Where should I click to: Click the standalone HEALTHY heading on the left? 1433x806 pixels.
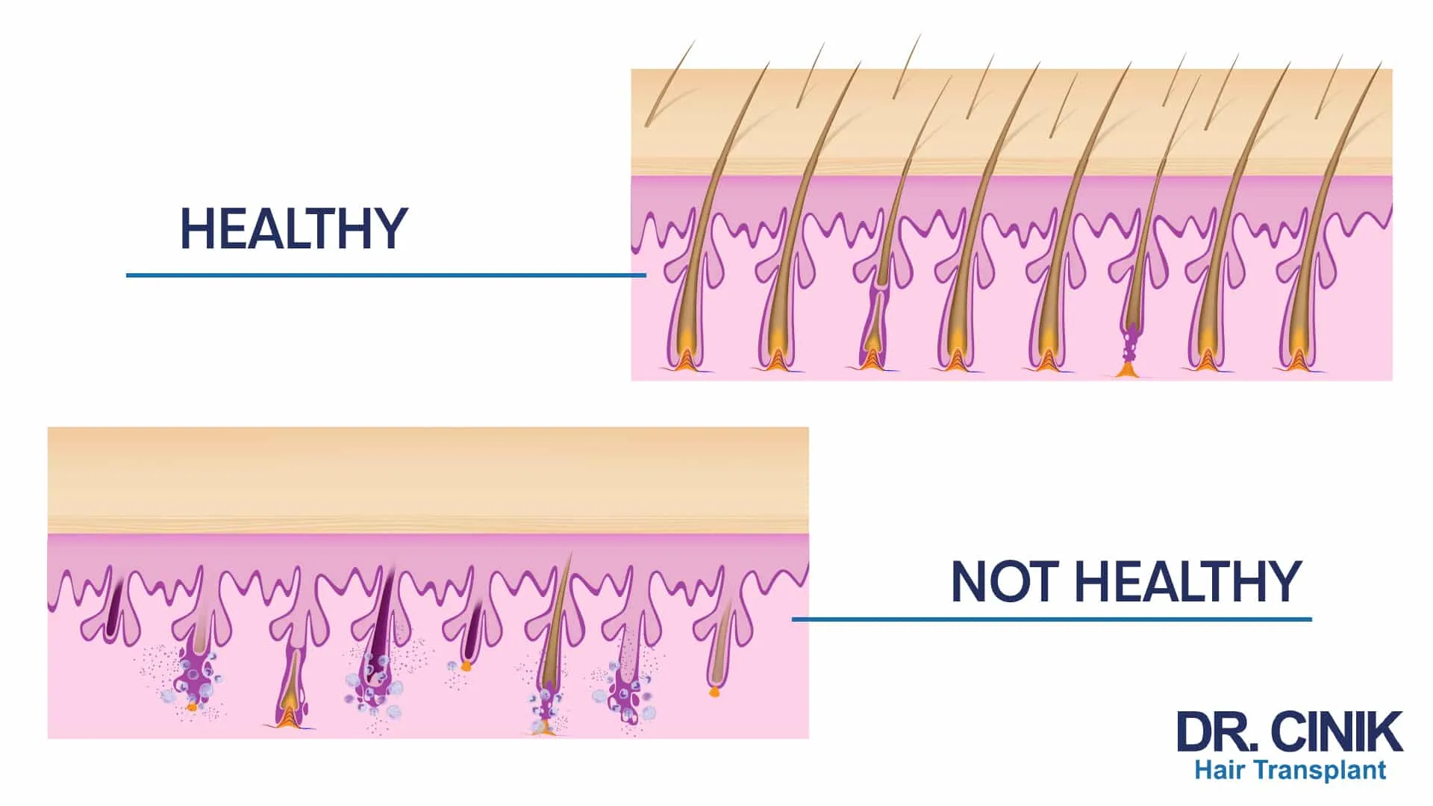(293, 228)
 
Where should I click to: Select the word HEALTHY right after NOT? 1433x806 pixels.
(1188, 582)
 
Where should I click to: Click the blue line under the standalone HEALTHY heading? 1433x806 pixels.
(386, 275)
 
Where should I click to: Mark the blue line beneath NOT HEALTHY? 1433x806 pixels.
(1052, 619)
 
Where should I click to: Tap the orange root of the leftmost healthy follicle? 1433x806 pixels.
(684, 360)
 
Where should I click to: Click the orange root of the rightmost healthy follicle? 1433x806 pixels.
(1299, 360)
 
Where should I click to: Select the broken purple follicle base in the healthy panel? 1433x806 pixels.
(1129, 351)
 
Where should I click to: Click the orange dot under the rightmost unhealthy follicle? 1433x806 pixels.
(714, 692)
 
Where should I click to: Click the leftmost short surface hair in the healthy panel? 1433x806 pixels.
(669, 82)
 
